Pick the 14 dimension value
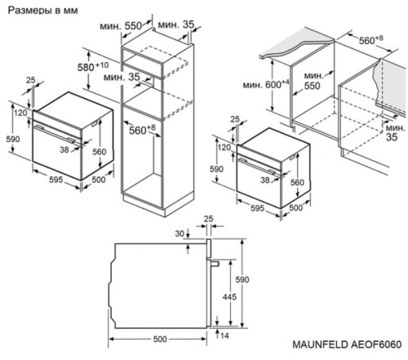(224, 336)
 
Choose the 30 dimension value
(180, 233)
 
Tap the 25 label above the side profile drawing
(208, 219)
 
